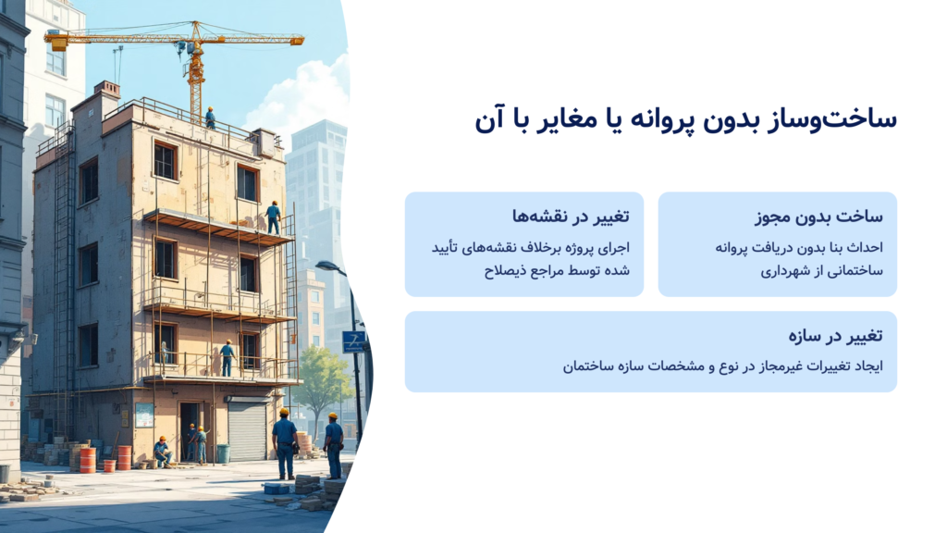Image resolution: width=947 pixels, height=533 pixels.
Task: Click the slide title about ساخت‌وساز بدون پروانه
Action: click(685, 119)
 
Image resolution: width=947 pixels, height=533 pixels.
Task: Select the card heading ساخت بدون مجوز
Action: click(819, 217)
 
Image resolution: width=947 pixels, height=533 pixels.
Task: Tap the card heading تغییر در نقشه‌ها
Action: click(571, 216)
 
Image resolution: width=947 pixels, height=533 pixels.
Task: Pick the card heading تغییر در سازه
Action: click(835, 335)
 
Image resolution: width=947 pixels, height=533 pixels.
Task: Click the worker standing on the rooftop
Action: click(210, 118)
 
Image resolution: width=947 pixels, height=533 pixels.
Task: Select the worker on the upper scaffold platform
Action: click(274, 217)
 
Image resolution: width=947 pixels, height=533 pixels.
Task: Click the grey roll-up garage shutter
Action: click(247, 431)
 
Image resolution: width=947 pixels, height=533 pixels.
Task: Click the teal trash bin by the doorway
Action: click(224, 453)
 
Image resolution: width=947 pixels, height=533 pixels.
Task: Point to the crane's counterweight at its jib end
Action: click(58, 43)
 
